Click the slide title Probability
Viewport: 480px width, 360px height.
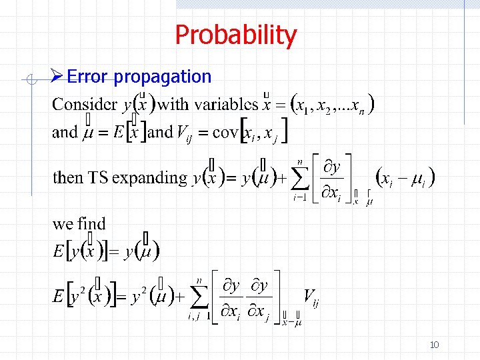click(235, 35)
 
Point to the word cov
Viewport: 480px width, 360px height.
click(225, 132)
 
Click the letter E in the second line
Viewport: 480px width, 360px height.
click(118, 132)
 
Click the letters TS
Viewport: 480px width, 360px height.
click(99, 178)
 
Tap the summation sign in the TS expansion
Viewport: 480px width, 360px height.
click(301, 177)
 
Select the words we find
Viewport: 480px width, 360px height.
click(79, 223)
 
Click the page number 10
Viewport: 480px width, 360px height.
click(434, 345)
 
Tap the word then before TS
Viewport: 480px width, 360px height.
click(67, 178)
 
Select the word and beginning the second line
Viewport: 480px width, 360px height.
click(65, 132)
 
